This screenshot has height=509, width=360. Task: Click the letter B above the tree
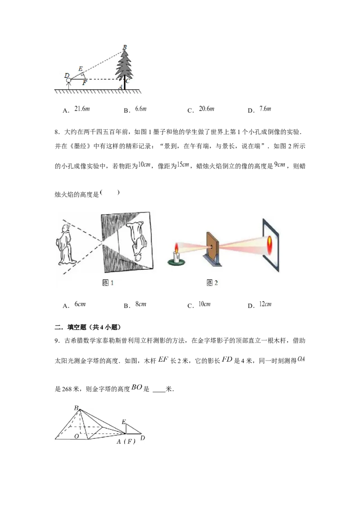[125, 46]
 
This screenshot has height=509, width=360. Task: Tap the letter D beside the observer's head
[67, 75]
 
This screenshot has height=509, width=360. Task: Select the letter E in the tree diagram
[81, 68]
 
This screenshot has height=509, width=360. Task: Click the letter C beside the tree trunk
[127, 81]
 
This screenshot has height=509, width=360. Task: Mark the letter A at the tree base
[120, 87]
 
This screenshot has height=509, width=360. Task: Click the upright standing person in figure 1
[67, 246]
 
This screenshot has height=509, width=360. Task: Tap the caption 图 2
[212, 282]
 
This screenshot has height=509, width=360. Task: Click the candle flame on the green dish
[176, 248]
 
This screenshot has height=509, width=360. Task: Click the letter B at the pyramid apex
[76, 408]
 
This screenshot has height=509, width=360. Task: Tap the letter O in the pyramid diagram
[77, 436]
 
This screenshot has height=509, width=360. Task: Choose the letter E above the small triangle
[123, 422]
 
